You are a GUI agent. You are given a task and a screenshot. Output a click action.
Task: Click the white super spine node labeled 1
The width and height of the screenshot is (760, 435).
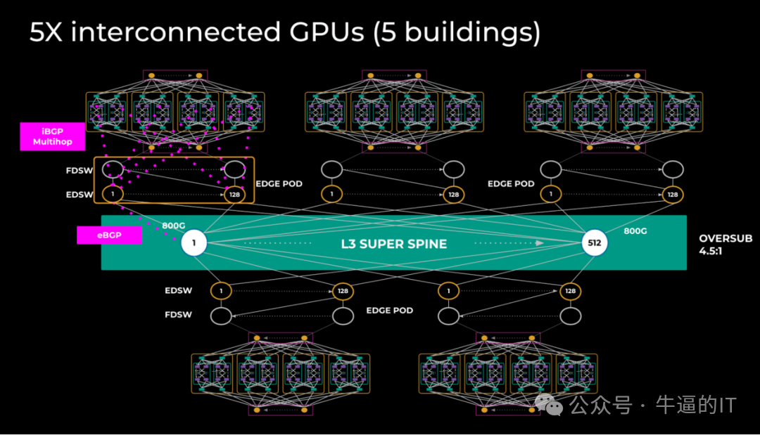(x=194, y=245)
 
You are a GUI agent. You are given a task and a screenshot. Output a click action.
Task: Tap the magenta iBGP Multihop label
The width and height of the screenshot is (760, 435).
(x=53, y=136)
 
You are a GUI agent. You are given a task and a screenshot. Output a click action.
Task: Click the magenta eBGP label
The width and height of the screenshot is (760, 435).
(x=109, y=235)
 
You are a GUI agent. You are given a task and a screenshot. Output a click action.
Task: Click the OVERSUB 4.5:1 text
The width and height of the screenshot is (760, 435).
(x=726, y=244)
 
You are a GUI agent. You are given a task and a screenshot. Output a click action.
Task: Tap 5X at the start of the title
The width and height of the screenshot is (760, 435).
(x=47, y=33)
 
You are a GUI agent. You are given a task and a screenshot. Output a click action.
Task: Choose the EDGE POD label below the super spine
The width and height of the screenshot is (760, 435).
(x=389, y=310)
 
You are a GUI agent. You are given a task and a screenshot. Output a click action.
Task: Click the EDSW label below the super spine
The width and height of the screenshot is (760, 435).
(x=178, y=290)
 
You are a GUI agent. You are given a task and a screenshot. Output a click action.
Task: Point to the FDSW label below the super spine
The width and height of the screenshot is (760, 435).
(x=178, y=314)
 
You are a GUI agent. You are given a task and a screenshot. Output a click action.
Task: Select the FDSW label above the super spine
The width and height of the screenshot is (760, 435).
(x=80, y=170)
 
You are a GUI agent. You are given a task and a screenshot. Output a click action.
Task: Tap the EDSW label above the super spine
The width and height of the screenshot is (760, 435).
(x=80, y=194)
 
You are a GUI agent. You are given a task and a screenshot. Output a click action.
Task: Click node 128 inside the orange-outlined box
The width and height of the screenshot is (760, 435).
(x=234, y=194)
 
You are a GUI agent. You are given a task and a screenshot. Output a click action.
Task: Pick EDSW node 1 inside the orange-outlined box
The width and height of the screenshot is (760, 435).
(x=113, y=194)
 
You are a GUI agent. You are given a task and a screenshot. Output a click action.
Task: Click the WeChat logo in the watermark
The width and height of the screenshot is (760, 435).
(x=548, y=403)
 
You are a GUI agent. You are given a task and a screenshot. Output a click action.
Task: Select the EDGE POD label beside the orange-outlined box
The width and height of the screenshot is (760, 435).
(x=279, y=184)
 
